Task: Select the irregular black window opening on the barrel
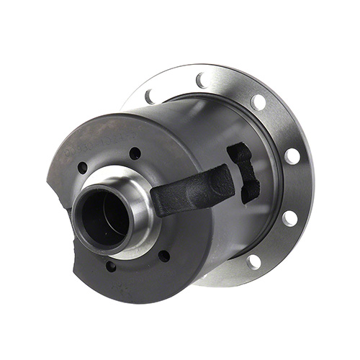click(243, 171)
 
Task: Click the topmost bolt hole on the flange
click(202, 80)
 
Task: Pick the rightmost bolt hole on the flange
click(292, 156)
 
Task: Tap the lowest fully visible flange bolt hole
click(253, 261)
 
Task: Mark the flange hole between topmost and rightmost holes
click(257, 102)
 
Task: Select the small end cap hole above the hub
click(135, 153)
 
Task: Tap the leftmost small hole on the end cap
click(82, 168)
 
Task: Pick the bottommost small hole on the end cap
click(110, 266)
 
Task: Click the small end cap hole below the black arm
click(165, 255)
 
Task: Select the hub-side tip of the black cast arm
click(160, 202)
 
